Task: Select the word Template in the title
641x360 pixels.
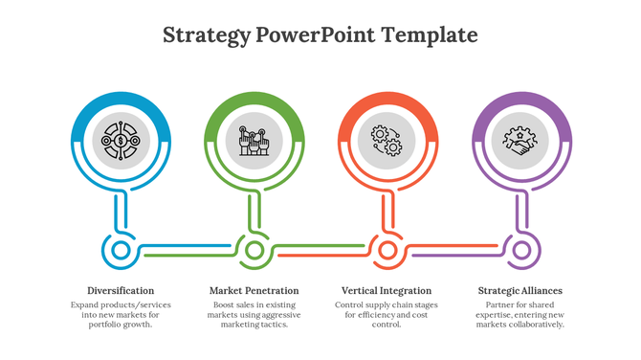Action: click(429, 36)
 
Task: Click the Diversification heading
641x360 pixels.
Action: click(121, 290)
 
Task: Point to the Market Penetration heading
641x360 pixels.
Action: click(254, 290)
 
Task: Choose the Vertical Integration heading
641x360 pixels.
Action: click(387, 290)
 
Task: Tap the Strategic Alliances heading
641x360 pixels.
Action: click(519, 290)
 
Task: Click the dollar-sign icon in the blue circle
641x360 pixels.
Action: click(121, 142)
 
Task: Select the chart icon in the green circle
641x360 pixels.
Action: click(254, 142)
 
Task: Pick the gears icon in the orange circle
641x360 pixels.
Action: click(387, 142)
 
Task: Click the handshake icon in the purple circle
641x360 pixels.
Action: click(520, 142)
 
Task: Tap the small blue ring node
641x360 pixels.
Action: click(121, 251)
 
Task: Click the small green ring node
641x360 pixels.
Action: click(254, 251)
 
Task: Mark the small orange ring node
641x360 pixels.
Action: click(387, 251)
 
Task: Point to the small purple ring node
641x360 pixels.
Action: click(520, 251)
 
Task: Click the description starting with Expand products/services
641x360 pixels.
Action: click(121, 314)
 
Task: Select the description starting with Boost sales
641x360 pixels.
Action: click(254, 314)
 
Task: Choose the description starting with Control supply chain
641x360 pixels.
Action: click(387, 314)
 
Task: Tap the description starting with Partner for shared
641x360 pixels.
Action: click(519, 314)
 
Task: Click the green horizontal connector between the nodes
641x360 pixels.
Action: click(187, 251)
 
